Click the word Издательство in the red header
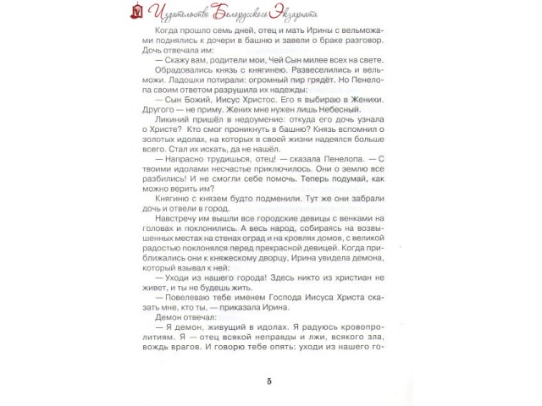(184, 13)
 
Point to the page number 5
(268, 378)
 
